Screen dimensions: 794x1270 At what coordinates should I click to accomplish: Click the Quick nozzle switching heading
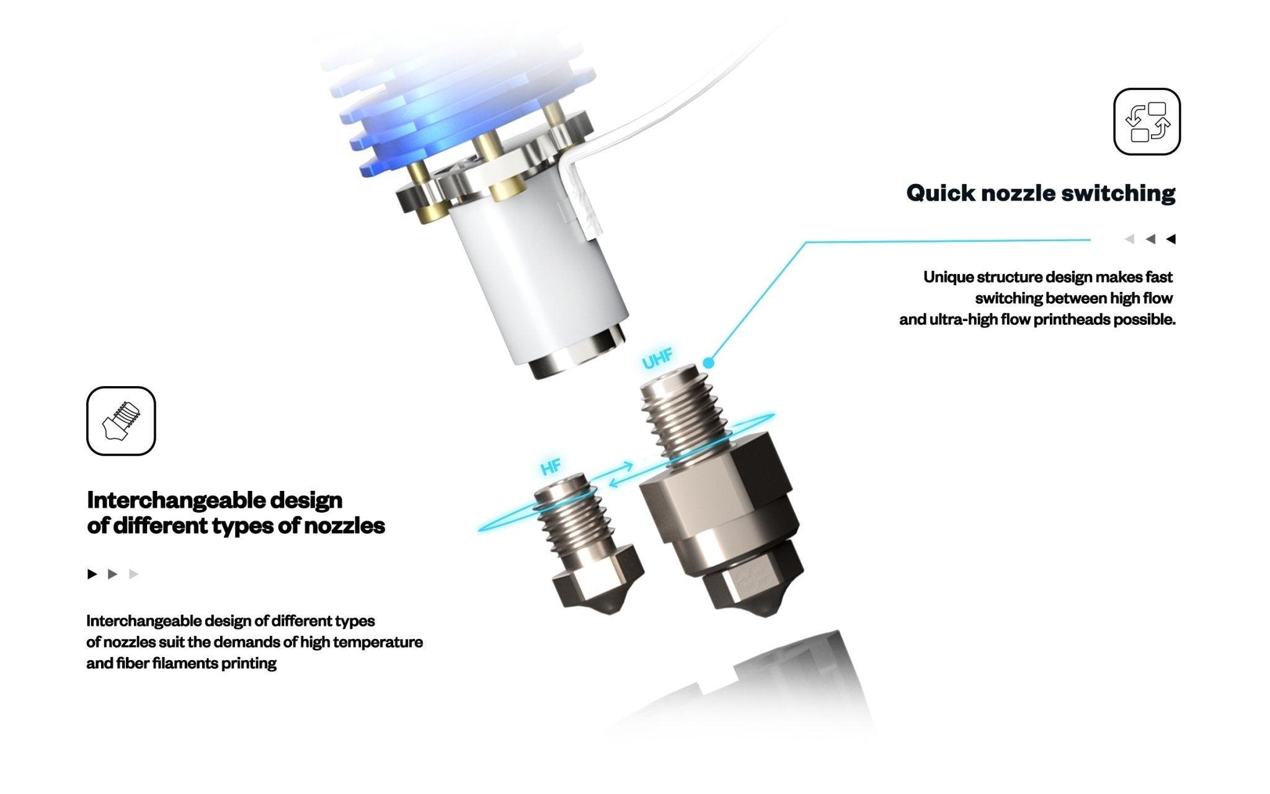pyautogui.click(x=1040, y=193)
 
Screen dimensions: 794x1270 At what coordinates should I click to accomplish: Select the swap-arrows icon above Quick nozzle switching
pyautogui.click(x=1147, y=121)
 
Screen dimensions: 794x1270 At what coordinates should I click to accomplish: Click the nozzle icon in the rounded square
pyautogui.click(x=121, y=421)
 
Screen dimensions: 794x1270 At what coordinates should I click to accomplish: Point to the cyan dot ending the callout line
pyautogui.click(x=709, y=363)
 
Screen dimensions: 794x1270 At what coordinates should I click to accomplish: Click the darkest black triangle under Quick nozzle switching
pyautogui.click(x=1171, y=239)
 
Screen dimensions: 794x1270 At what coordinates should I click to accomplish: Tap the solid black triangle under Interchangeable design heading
pyautogui.click(x=92, y=574)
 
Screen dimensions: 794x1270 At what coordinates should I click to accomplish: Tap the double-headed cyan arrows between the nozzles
pyautogui.click(x=621, y=475)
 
